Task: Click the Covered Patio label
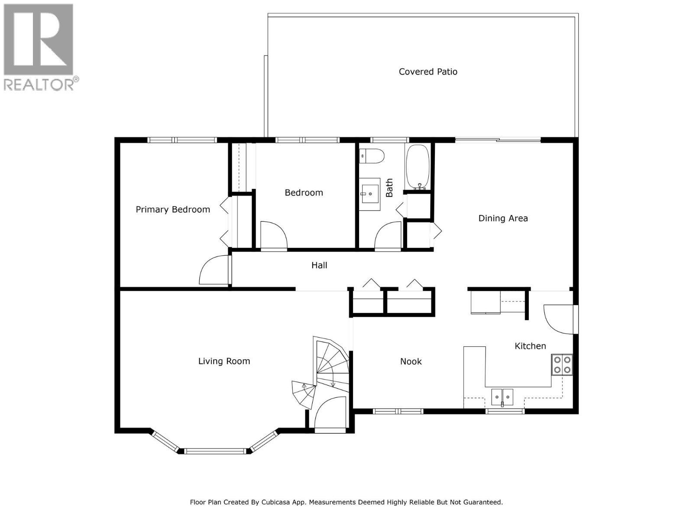point(428,71)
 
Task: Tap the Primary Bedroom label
point(173,209)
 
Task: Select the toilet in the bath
point(372,156)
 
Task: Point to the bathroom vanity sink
point(370,195)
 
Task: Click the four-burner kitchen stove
point(562,365)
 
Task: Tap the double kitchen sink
point(502,396)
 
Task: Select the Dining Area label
point(503,218)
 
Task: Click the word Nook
point(411,361)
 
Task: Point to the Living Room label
point(224,361)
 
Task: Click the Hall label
point(319,265)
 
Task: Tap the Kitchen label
point(530,346)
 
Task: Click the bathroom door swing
point(389,236)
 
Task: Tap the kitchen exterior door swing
point(558,319)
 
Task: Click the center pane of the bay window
point(215,451)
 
